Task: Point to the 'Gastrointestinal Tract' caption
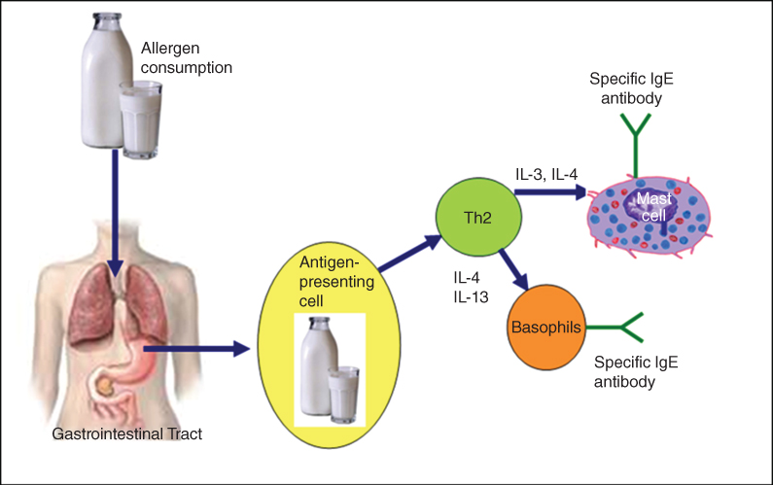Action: pos(127,433)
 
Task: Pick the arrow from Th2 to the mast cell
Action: pos(549,192)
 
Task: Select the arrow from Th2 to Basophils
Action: pos(511,266)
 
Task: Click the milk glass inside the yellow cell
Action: pos(344,394)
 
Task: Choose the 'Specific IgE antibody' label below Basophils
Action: pos(635,370)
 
